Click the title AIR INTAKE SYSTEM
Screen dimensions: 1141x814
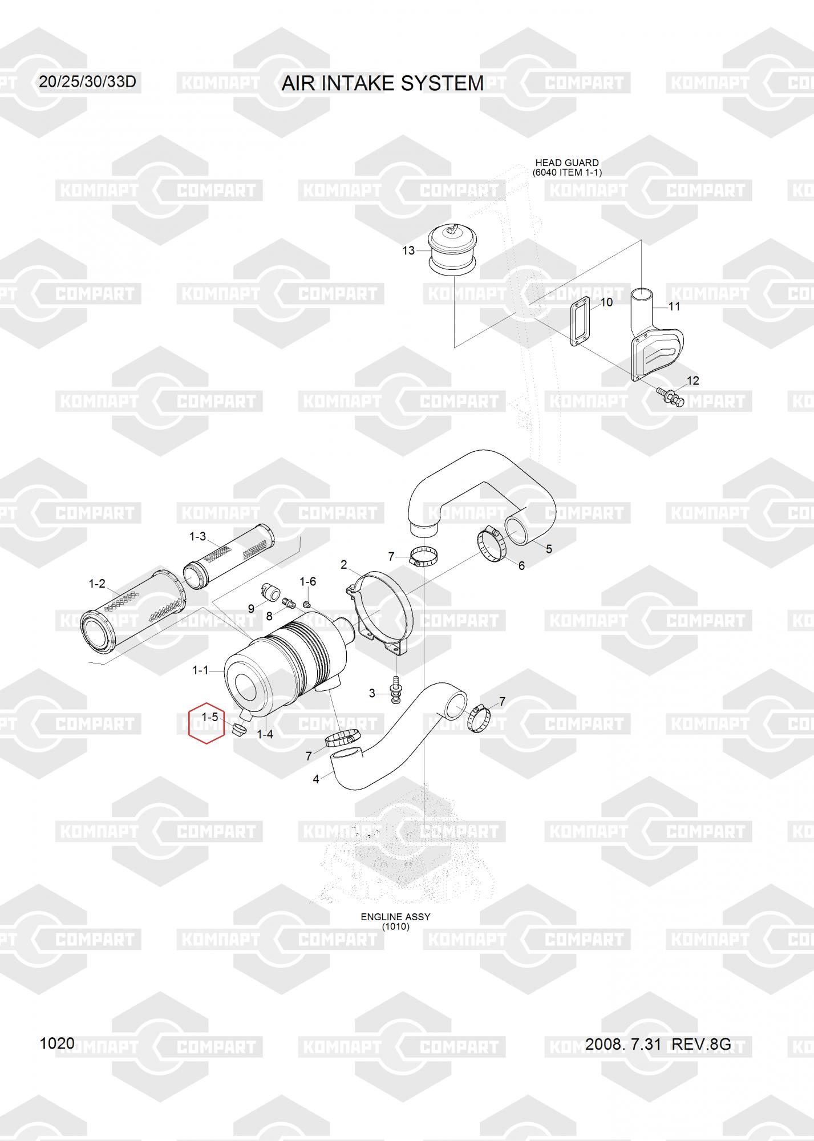click(x=382, y=83)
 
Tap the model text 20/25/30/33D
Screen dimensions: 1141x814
click(x=87, y=82)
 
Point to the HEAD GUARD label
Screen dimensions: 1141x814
click(x=566, y=163)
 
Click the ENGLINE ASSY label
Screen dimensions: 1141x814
click(x=395, y=917)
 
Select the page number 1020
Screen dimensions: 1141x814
click(x=57, y=1043)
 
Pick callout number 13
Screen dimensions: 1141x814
click(x=408, y=250)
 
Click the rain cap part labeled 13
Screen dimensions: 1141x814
click(x=452, y=248)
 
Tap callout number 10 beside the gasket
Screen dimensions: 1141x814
click(x=606, y=302)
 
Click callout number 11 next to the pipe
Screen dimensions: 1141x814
click(x=674, y=306)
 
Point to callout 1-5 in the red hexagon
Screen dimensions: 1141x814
click(x=209, y=717)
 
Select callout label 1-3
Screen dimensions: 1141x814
click(x=197, y=536)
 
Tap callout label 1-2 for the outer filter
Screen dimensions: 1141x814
click(x=97, y=584)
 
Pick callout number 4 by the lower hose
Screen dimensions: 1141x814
click(x=316, y=779)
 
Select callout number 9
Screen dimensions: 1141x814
click(x=251, y=609)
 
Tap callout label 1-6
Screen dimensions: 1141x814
click(x=308, y=581)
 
